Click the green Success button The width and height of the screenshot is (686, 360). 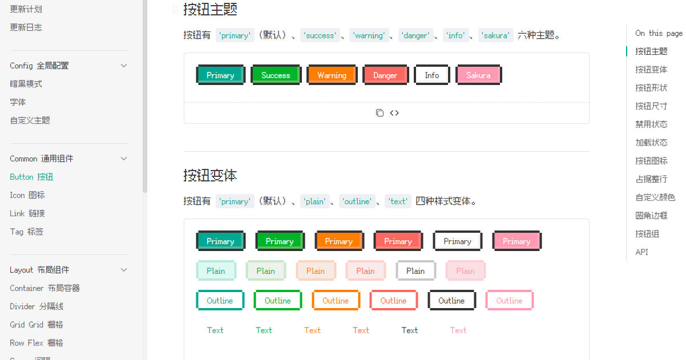276,75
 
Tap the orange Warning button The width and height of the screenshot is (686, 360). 332,75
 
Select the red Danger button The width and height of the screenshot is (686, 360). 385,75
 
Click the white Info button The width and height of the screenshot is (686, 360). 432,75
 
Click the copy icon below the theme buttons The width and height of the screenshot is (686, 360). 380,113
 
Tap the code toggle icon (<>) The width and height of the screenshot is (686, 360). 394,113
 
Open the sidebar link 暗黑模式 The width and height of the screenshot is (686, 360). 26,84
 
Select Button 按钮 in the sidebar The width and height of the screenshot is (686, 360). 31,177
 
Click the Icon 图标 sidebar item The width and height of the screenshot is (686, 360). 27,195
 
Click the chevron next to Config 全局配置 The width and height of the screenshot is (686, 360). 124,66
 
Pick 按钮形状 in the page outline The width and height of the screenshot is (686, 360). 651,88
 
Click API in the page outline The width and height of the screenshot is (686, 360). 641,252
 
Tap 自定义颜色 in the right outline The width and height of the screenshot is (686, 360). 655,197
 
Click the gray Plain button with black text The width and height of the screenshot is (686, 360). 415,271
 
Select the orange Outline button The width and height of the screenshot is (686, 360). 336,301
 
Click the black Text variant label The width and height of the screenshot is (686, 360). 410,330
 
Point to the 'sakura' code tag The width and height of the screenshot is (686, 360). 495,35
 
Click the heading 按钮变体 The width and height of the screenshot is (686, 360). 210,175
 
